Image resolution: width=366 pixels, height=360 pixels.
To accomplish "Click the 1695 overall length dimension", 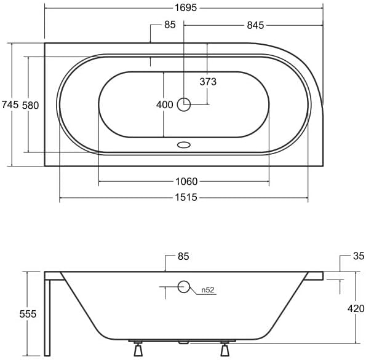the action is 186,8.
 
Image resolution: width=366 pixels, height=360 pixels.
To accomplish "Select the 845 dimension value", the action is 255,25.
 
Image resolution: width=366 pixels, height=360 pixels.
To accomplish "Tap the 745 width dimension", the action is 10,104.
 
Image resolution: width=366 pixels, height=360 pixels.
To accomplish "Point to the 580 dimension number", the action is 30,106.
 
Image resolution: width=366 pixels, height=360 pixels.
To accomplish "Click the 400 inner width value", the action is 165,104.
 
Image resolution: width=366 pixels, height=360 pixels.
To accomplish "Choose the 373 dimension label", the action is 208,82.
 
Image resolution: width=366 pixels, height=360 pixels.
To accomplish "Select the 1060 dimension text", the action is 186,181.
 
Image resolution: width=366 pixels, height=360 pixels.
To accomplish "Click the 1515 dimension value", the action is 186,197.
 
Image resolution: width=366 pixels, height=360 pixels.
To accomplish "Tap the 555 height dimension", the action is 28,314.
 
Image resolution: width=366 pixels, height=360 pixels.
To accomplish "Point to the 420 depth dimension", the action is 356,309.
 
